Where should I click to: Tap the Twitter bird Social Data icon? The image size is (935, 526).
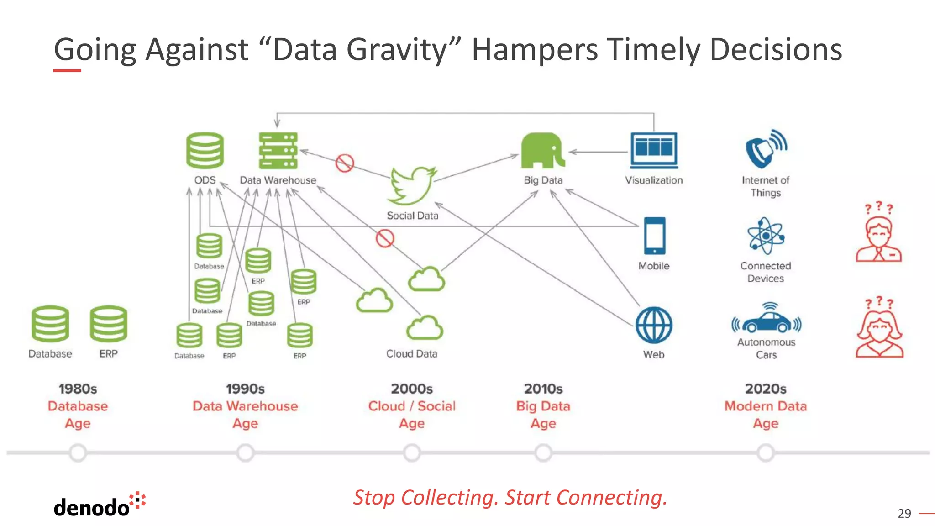pyautogui.click(x=412, y=186)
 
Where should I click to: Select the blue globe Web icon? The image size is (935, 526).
pyautogui.click(x=654, y=325)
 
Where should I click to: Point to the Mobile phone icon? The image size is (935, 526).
pyautogui.click(x=654, y=236)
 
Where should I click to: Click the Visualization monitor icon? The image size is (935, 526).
pyautogui.click(x=654, y=150)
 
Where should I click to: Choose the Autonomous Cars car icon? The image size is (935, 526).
pyautogui.click(x=767, y=319)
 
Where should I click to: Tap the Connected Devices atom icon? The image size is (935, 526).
pyautogui.click(x=766, y=236)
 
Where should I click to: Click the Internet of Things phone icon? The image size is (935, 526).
pyautogui.click(x=766, y=149)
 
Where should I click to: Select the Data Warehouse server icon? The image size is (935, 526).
pyautogui.click(x=278, y=150)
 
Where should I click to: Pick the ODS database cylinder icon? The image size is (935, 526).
pyautogui.click(x=205, y=150)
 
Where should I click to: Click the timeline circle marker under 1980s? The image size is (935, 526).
pyautogui.click(x=78, y=453)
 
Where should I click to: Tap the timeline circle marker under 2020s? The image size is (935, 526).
pyautogui.click(x=766, y=453)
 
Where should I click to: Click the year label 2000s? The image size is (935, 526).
pyautogui.click(x=412, y=389)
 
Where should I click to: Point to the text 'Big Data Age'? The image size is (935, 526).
pyautogui.click(x=543, y=415)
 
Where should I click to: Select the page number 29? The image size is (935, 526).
pyautogui.click(x=904, y=514)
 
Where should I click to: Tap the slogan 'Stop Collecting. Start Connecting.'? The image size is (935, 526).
pyautogui.click(x=510, y=497)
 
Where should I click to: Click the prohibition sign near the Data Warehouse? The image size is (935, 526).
pyautogui.click(x=345, y=163)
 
